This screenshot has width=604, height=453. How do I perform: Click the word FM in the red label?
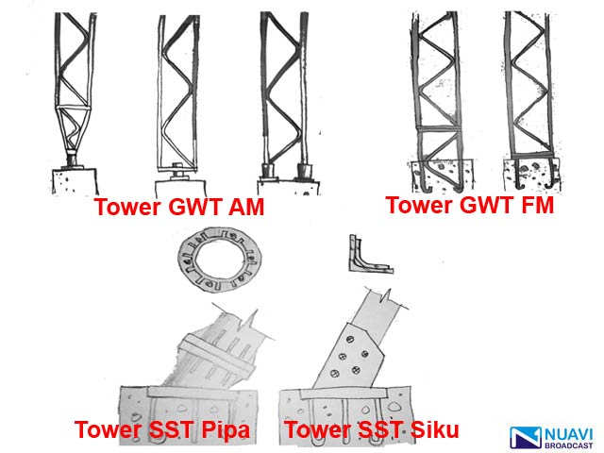coord(534,205)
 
